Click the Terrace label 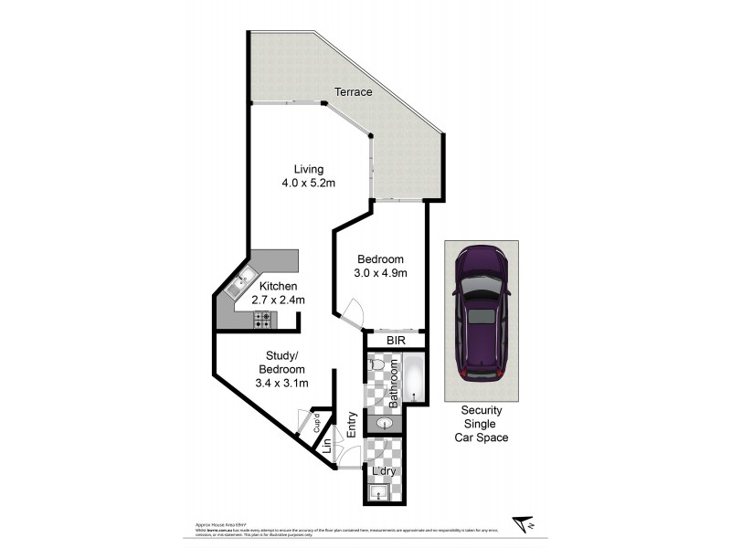353,92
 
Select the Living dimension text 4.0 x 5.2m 308,184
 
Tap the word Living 308,169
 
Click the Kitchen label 278,287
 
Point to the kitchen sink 238,280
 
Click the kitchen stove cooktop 262,320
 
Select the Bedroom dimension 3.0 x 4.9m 380,272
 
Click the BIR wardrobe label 395,341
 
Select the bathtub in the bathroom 414,380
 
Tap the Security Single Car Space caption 481,424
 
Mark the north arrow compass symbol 524,523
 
